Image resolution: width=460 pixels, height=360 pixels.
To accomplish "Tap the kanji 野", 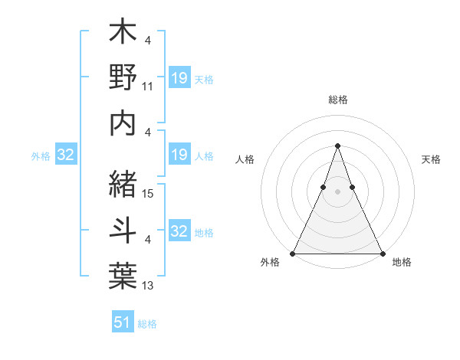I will pyautogui.click(x=123, y=79).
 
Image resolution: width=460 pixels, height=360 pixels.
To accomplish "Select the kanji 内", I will pyautogui.click(x=123, y=123).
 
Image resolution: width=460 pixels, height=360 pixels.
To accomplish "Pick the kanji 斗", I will pyautogui.click(x=123, y=227).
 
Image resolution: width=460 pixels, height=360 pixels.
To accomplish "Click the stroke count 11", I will pyautogui.click(x=149, y=87).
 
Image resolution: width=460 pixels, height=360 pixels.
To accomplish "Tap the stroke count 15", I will pyautogui.click(x=149, y=195).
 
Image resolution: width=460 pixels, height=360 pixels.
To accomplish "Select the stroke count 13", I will pyautogui.click(x=149, y=286).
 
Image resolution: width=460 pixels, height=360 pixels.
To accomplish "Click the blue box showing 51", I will pyautogui.click(x=123, y=322).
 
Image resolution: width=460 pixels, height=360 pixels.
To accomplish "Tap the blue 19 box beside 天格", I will pyautogui.click(x=179, y=77).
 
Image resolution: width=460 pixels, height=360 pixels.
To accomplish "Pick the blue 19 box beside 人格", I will pyautogui.click(x=179, y=155).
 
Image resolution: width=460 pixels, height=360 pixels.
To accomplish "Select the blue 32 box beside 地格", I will pyautogui.click(x=179, y=231).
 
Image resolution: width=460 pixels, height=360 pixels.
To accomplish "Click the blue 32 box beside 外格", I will pyautogui.click(x=65, y=155).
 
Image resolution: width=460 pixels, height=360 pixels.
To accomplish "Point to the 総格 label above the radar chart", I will pyautogui.click(x=337, y=100).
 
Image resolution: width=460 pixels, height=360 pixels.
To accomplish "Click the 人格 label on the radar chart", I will pyautogui.click(x=245, y=159).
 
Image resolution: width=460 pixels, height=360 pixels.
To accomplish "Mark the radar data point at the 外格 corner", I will pyautogui.click(x=293, y=253).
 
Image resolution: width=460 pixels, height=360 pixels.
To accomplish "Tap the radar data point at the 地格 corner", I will pyautogui.click(x=382, y=253).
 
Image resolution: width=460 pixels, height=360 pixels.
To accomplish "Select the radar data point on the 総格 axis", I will pyautogui.click(x=337, y=146).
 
